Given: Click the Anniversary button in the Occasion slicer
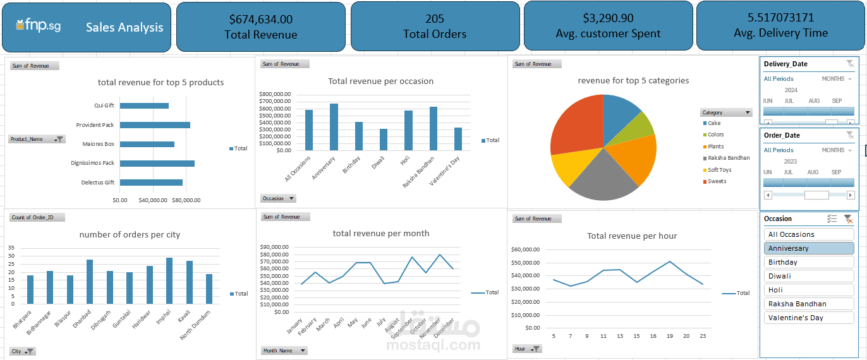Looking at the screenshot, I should pyautogui.click(x=809, y=248).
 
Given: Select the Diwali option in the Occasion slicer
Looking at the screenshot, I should pyautogui.click(x=809, y=276).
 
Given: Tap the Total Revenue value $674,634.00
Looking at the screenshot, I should pyautogui.click(x=261, y=20).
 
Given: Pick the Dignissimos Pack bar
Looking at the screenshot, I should pyautogui.click(x=157, y=163).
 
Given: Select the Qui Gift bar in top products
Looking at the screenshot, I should pyautogui.click(x=144, y=105).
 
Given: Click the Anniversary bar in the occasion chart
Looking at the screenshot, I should pyautogui.click(x=334, y=126).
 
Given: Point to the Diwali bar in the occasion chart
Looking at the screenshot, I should pyautogui.click(x=384, y=139).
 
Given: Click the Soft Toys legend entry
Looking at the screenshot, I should pyautogui.click(x=719, y=170).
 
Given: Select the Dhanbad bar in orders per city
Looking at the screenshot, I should pyautogui.click(x=90, y=282).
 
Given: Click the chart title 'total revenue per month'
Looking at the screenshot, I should pyautogui.click(x=380, y=234).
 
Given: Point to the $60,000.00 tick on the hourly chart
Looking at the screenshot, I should pyautogui.click(x=525, y=249).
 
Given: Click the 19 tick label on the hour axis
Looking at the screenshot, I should pyautogui.click(x=670, y=336).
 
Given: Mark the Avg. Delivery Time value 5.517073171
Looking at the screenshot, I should pyautogui.click(x=780, y=18).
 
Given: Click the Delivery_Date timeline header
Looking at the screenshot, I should pyautogui.click(x=785, y=64).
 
